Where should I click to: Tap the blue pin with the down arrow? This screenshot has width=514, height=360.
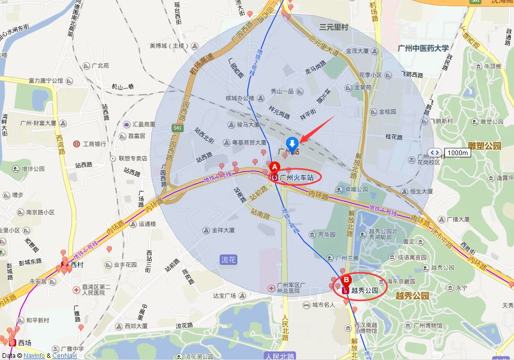click(x=292, y=143)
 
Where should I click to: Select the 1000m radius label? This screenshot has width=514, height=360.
click(x=458, y=153)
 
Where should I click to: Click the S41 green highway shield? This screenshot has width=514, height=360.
click(x=178, y=127)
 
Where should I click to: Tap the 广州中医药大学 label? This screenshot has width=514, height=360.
click(x=423, y=48)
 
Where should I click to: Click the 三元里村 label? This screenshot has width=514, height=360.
click(x=334, y=27)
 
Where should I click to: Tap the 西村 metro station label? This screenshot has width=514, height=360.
click(x=77, y=265)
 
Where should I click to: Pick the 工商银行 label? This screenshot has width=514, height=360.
click(x=95, y=144)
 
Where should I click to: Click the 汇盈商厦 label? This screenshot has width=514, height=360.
click(x=144, y=124)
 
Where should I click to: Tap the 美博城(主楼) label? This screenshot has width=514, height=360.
click(x=168, y=45)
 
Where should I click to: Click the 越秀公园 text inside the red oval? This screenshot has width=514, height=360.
click(x=364, y=291)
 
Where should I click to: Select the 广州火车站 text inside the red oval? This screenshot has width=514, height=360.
click(x=296, y=178)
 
